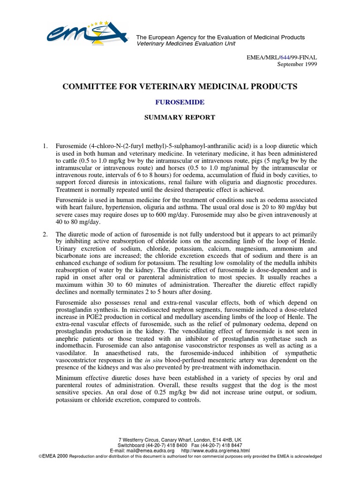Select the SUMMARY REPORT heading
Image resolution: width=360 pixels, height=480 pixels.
point(180,117)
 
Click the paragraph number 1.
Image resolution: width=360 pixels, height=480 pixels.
point(45,147)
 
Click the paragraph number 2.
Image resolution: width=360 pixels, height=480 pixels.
point(45,234)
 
